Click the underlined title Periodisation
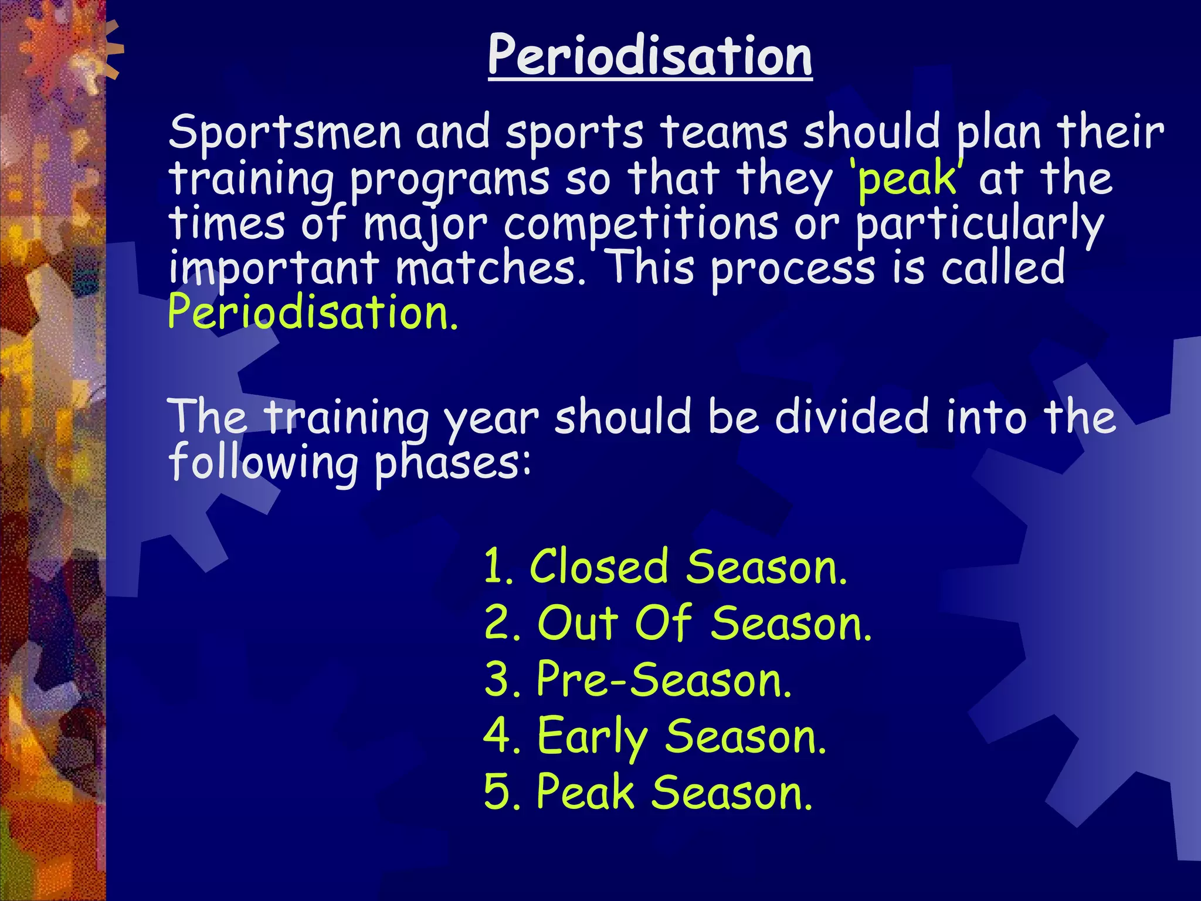[x=650, y=56]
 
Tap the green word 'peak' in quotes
[x=907, y=179]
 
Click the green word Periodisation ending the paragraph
[x=312, y=313]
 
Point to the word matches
[x=490, y=268]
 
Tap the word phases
[x=452, y=463]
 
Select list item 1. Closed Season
[x=666, y=567]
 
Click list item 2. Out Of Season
[x=678, y=623]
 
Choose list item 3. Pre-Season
[x=638, y=679]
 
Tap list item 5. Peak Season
[x=648, y=792]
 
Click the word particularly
[x=979, y=225]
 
